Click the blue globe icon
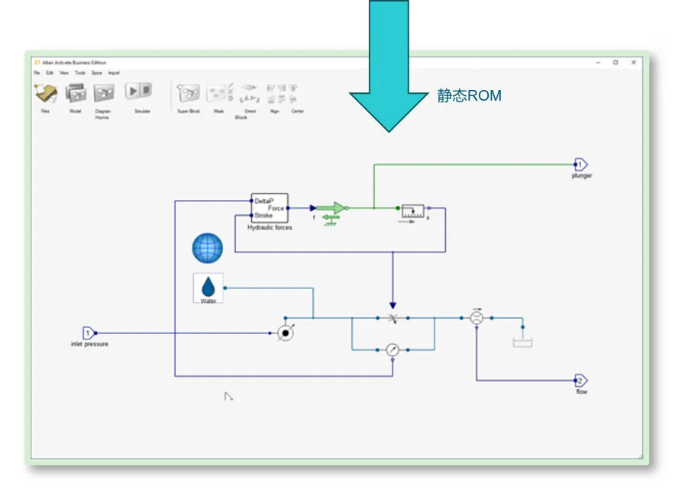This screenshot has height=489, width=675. pyautogui.click(x=208, y=249)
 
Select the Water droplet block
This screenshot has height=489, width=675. pyautogui.click(x=208, y=288)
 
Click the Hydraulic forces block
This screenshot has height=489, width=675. pyautogui.click(x=270, y=208)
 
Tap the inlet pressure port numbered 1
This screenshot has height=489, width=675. pyautogui.click(x=88, y=333)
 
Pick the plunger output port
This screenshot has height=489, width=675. pyautogui.click(x=580, y=164)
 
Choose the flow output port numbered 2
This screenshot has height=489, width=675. pyautogui.click(x=581, y=381)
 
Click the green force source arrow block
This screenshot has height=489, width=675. pyautogui.click(x=331, y=208)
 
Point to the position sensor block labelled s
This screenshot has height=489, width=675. pyautogui.click(x=413, y=211)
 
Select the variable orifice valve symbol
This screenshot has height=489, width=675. pyautogui.click(x=392, y=317)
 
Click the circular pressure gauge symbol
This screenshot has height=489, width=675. pyautogui.click(x=392, y=349)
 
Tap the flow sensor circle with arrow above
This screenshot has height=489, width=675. pyautogui.click(x=476, y=317)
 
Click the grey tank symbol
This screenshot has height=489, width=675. pyautogui.click(x=522, y=343)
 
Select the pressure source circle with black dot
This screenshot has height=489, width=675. pyautogui.click(x=285, y=333)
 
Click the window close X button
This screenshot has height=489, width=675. pyautogui.click(x=633, y=63)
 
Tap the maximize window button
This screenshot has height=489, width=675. pyautogui.click(x=615, y=63)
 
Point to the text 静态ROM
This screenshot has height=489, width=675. pyautogui.click(x=469, y=96)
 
